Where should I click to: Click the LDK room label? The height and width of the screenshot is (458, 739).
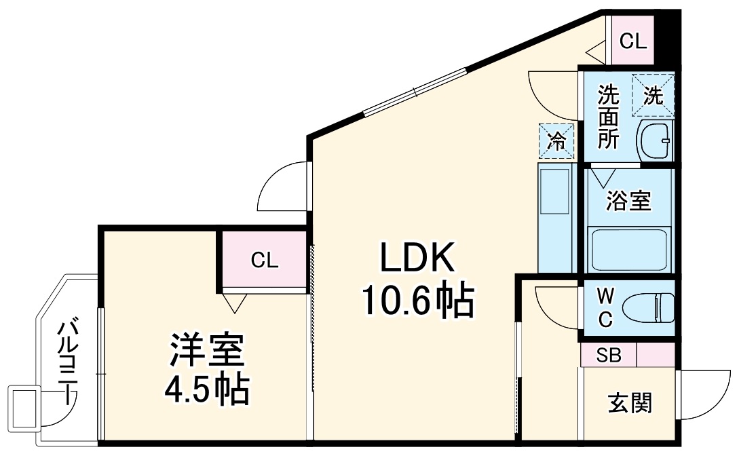pyautogui.click(x=416, y=257)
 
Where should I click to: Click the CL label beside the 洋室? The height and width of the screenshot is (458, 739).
pyautogui.click(x=264, y=260)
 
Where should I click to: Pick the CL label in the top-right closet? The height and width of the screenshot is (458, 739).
pyautogui.click(x=633, y=42)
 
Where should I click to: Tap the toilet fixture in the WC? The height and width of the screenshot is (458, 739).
pyautogui.click(x=649, y=307)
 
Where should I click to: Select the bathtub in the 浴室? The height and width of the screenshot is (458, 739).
pyautogui.click(x=630, y=250)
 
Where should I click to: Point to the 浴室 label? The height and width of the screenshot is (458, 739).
pyautogui.click(x=629, y=201)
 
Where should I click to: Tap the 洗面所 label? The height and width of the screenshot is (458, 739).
pyautogui.click(x=608, y=117)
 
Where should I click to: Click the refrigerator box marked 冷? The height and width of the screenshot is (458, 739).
pyautogui.click(x=556, y=141)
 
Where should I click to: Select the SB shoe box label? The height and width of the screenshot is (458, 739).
pyautogui.click(x=609, y=355)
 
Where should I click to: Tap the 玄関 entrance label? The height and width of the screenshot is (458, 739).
pyautogui.click(x=629, y=403)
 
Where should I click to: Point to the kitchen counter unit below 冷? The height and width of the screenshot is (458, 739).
pyautogui.click(x=556, y=217)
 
